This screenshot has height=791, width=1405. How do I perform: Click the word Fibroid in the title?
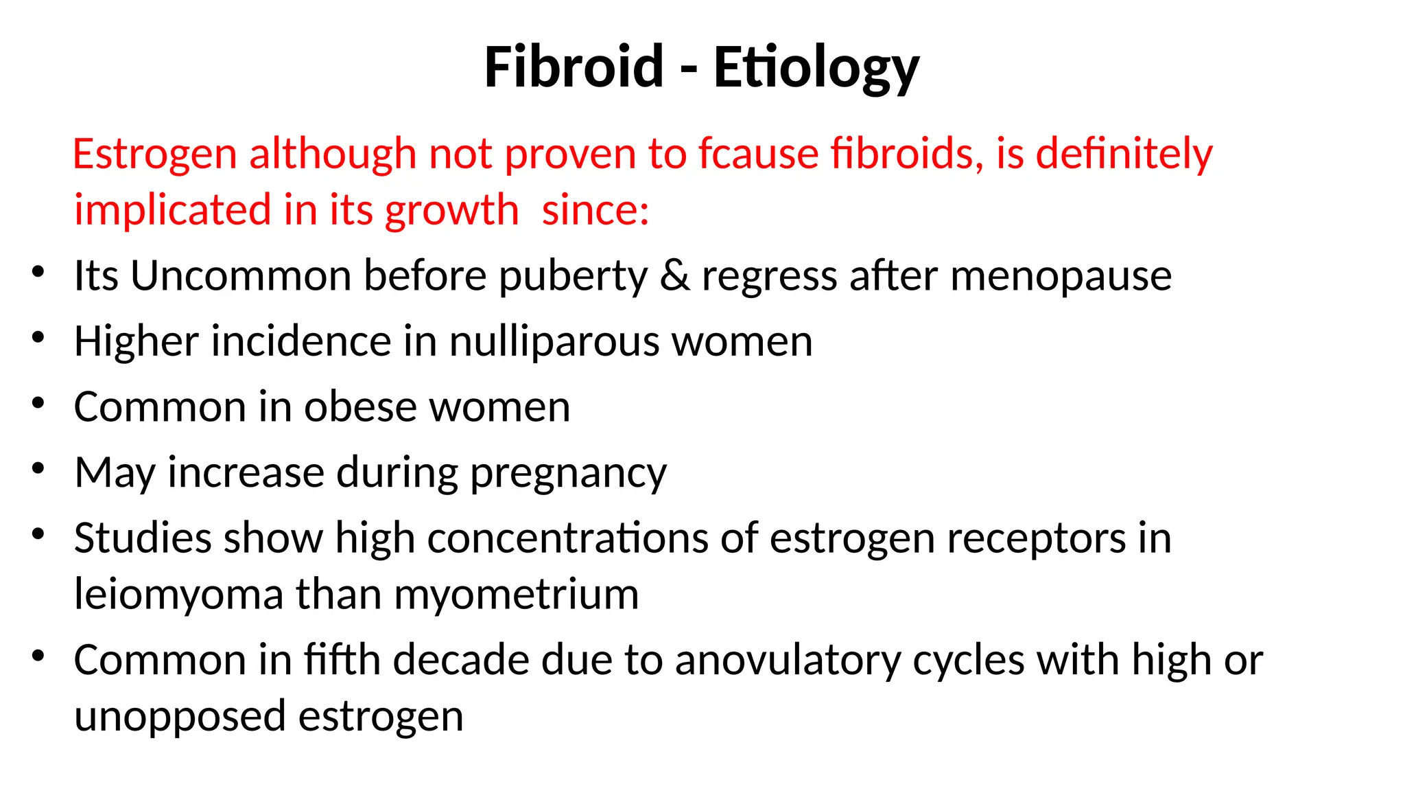pyautogui.click(x=574, y=67)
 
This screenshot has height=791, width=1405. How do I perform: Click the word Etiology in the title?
pyautogui.click(x=816, y=68)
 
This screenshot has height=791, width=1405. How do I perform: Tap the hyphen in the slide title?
pyautogui.click(x=689, y=69)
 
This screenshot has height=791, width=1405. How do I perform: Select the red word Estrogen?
pyautogui.click(x=154, y=154)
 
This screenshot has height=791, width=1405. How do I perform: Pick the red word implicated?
pyautogui.click(x=172, y=210)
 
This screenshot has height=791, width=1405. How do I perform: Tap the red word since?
pyautogui.click(x=595, y=210)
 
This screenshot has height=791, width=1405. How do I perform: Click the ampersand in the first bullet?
pyautogui.click(x=675, y=275)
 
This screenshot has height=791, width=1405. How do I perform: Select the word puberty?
pyautogui.click(x=572, y=277)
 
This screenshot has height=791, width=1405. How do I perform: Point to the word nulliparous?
pyautogui.click(x=554, y=342)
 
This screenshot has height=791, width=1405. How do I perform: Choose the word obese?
pyautogui.click(x=360, y=406)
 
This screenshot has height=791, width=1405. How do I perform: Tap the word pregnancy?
pyautogui.click(x=568, y=474)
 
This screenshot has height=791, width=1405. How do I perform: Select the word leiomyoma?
pyautogui.click(x=178, y=595)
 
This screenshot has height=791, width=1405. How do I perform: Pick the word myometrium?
pyautogui.click(x=516, y=595)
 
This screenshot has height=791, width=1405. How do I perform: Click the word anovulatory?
pyautogui.click(x=788, y=661)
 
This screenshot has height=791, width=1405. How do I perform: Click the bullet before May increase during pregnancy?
pyautogui.click(x=38, y=469)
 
